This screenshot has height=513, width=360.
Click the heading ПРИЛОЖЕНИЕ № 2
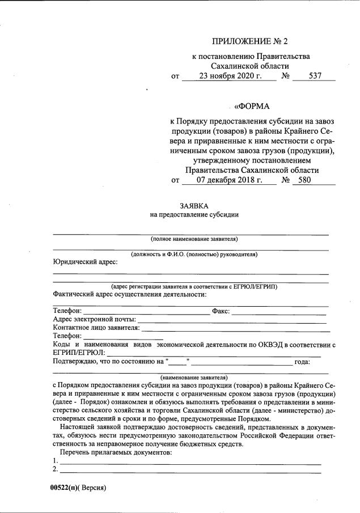(x=253, y=41)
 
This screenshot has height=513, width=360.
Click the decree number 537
(x=315, y=77)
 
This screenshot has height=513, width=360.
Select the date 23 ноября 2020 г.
(x=230, y=77)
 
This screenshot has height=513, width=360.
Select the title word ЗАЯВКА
(x=194, y=206)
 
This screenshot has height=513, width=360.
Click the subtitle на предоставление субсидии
(x=194, y=215)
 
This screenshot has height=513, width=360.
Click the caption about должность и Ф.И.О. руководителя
(x=194, y=254)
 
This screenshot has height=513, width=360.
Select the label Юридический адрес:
(x=86, y=261)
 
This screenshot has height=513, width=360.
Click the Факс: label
(x=220, y=311)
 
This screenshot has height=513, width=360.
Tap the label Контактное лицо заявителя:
(x=96, y=328)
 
